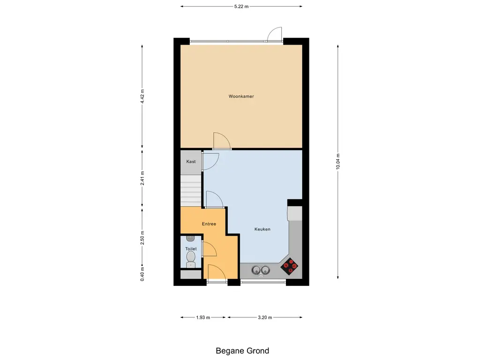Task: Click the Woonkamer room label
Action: coord(241,96)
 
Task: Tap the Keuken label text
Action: coord(262,229)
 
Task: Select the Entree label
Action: coord(209,224)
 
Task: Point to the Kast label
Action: coord(191,161)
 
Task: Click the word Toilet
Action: coord(191,248)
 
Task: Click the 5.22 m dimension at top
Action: coord(241,6)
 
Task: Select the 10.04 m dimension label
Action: coord(338,161)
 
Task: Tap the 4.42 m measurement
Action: coord(142,97)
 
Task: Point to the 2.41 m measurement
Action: coord(142,178)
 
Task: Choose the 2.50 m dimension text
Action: coord(142,238)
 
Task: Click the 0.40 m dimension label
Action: coord(142,274)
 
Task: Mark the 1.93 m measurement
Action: coord(203,317)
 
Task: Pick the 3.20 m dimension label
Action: coord(265,317)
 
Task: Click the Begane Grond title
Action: coord(242,351)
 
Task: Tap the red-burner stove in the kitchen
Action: coord(290,266)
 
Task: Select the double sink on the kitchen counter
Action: coord(261,270)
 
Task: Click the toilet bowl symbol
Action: coord(191,259)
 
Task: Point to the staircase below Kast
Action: coord(191,190)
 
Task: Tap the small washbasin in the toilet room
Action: coord(191,238)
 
